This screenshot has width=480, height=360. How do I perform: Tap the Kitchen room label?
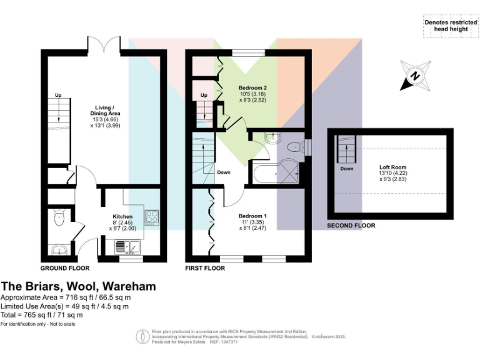coord(122,216)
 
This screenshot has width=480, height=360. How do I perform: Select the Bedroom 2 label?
coord(253,87)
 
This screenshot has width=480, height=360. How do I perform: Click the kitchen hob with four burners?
coord(152,217)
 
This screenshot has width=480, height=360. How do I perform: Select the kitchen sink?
coord(130,248)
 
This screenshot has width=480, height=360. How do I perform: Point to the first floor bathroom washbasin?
coord(272,138)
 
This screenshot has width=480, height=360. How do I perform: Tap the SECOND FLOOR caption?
coord(351,225)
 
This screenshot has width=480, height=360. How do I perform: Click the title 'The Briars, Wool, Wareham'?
coord(78,286)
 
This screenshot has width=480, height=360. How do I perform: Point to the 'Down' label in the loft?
coord(347,169)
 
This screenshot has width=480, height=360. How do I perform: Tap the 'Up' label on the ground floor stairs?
coord(58,96)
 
